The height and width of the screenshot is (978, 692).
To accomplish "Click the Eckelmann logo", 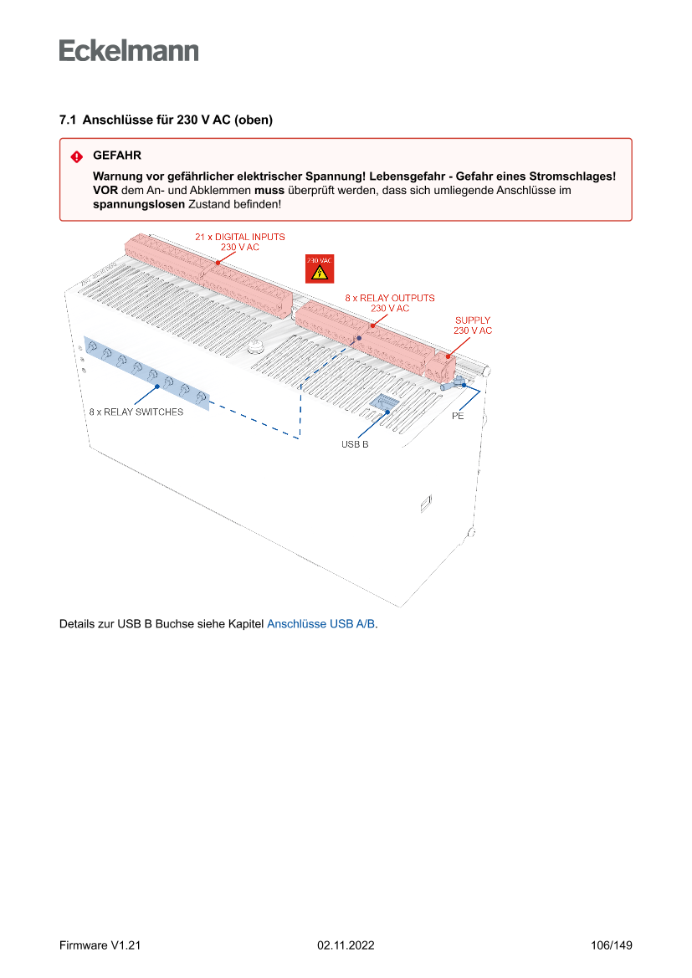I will click(x=129, y=51).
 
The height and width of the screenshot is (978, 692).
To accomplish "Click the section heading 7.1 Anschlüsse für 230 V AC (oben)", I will click(x=166, y=120).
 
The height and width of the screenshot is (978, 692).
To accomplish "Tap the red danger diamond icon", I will click(x=76, y=156).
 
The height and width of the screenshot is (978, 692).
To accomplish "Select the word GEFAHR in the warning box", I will click(x=116, y=156).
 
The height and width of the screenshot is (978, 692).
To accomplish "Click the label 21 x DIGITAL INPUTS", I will click(x=239, y=238).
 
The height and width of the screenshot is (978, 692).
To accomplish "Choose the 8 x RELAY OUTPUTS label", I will click(x=390, y=298).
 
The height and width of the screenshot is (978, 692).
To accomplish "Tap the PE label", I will click(x=458, y=416).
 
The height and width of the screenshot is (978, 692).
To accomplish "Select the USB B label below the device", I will click(x=354, y=444).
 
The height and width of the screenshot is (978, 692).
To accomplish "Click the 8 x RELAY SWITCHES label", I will click(x=136, y=412).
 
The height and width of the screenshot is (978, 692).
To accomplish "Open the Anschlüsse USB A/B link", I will click(x=320, y=624).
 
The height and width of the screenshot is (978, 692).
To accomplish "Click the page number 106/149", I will click(x=611, y=945).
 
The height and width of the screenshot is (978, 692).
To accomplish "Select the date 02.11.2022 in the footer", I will click(x=346, y=945).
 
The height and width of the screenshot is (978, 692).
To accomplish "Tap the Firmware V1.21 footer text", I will click(x=100, y=945).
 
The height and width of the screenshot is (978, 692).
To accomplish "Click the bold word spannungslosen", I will click(x=138, y=204).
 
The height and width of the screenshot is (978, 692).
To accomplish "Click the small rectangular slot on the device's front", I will click(x=424, y=504).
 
